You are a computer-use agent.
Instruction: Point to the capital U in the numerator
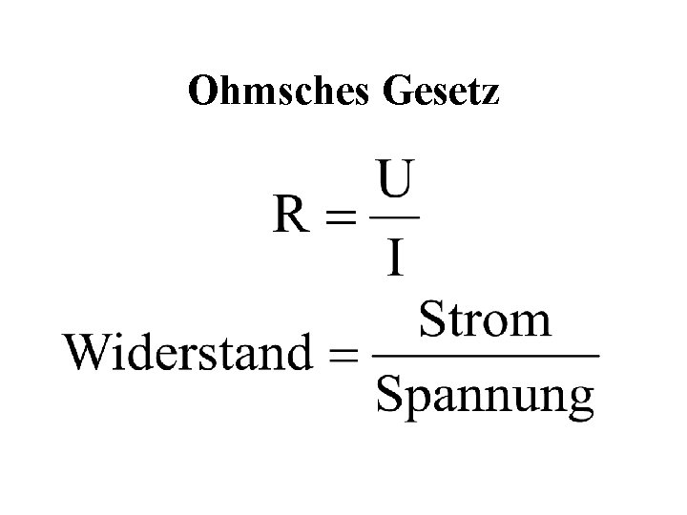(394, 178)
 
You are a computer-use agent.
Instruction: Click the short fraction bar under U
(394, 216)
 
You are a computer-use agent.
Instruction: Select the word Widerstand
(189, 354)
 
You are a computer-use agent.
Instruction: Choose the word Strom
(485, 319)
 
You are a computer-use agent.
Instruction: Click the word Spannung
(485, 395)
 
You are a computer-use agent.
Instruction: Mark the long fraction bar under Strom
(485, 357)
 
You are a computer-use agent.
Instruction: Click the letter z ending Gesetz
(490, 94)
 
